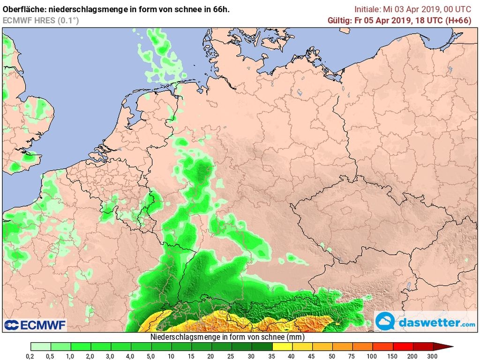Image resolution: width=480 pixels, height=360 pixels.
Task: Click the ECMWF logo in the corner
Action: pyautogui.click(x=35, y=325)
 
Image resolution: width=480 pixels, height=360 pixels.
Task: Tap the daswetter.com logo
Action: pyautogui.click(x=426, y=322)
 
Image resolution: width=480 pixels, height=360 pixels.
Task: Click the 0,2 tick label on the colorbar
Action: pyautogui.click(x=30, y=356)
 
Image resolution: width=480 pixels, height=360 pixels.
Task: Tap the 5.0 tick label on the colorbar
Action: pyautogui.click(x=151, y=356)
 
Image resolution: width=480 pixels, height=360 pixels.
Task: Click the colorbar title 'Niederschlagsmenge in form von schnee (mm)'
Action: pyautogui.click(x=227, y=337)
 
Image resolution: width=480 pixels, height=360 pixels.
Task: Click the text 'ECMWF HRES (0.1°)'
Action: pyautogui.click(x=41, y=20)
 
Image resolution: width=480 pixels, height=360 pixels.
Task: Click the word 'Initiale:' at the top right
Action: pyautogui.click(x=367, y=9)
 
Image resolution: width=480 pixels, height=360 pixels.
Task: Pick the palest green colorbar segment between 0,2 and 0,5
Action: pyautogui.click(x=40, y=347)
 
